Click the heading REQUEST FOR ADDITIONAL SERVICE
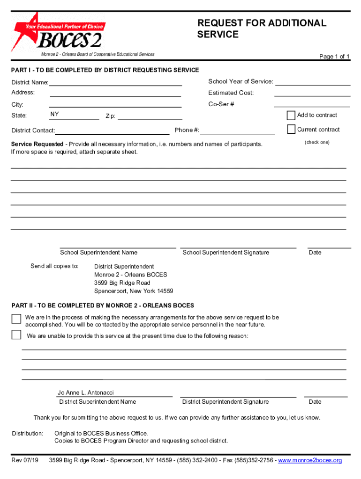coord(262,29)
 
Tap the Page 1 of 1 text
coord(334,57)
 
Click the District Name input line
coord(115,83)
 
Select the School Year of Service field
coord(313,82)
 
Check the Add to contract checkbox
coord(291,115)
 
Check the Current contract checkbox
coord(291,130)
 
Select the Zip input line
coord(149,116)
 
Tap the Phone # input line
coord(237,131)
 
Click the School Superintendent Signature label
coord(226,253)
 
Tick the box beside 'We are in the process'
coord(16,319)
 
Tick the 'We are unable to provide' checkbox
coord(16,334)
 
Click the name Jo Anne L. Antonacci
coord(86,393)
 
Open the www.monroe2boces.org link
coord(310,460)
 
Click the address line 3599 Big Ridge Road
coord(122,283)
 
